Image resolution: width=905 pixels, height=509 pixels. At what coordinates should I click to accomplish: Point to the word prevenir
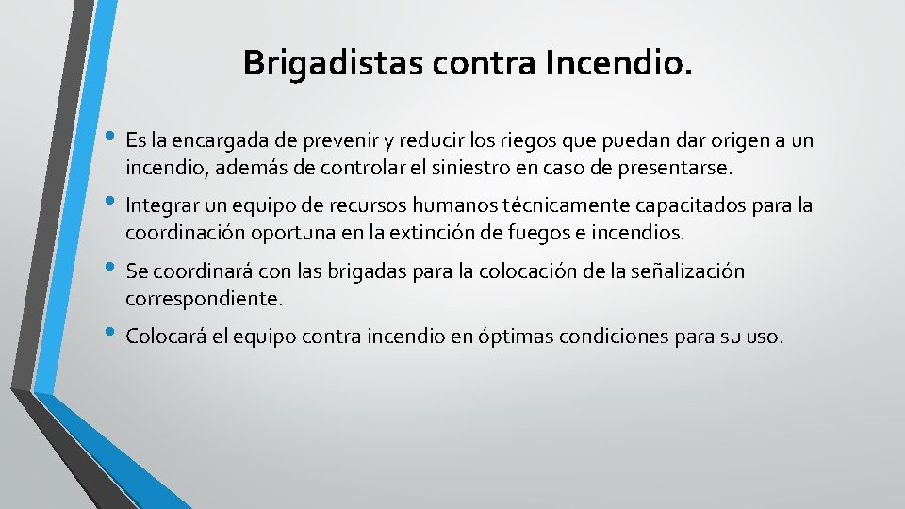[338, 141]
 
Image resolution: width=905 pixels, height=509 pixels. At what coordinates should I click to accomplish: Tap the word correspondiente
[203, 299]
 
